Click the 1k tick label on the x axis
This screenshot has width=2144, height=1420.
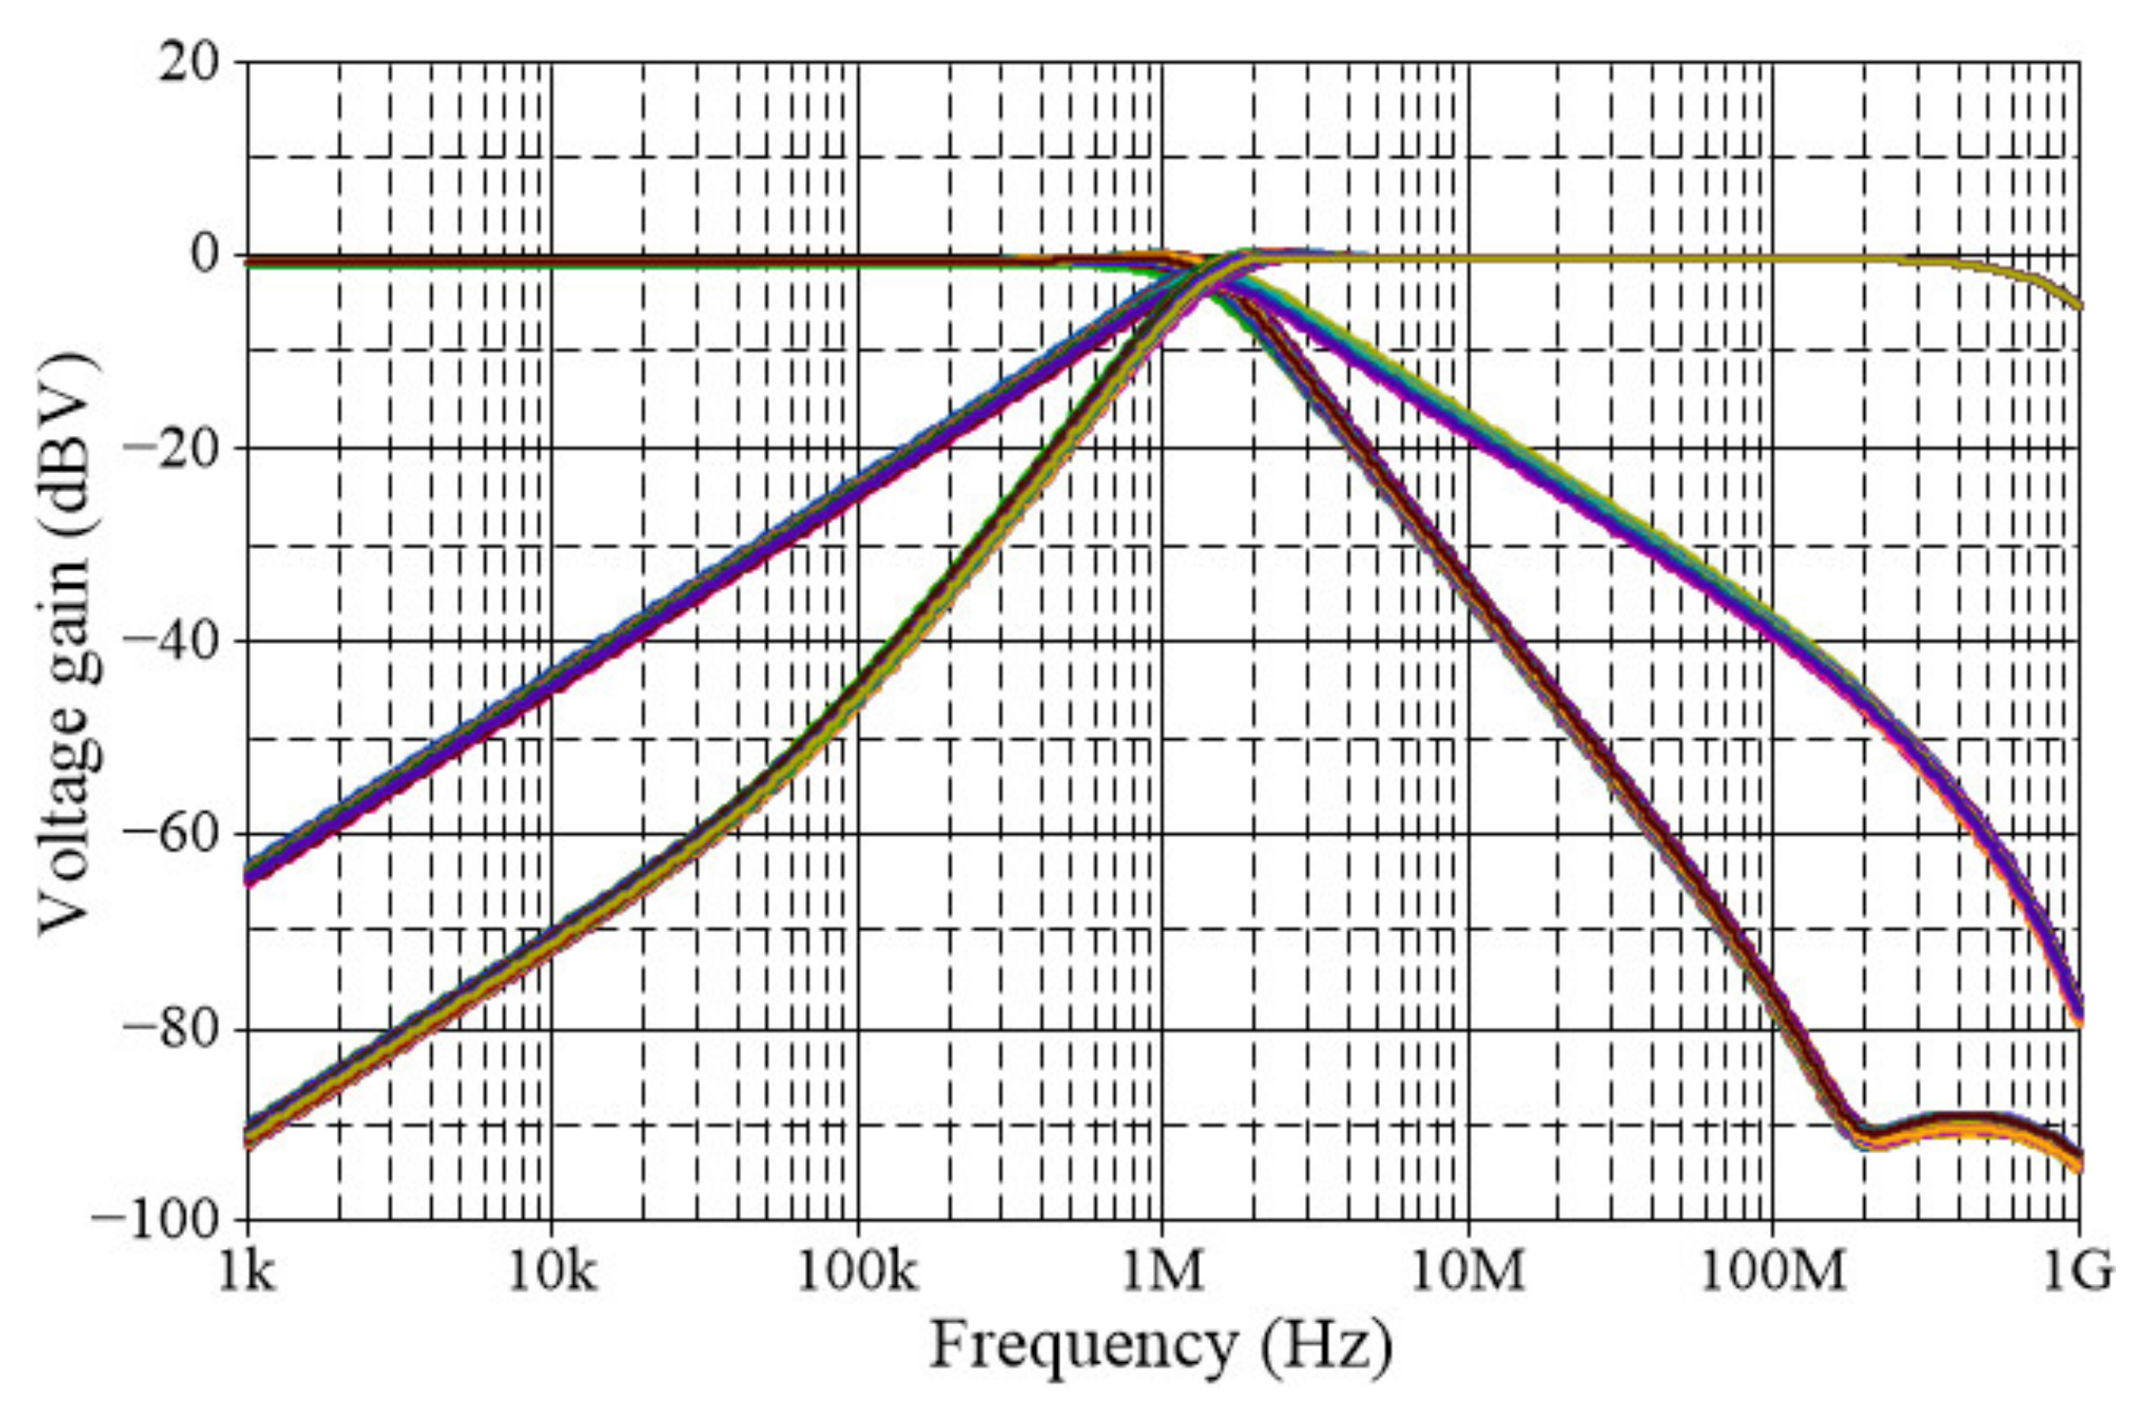point(246,1273)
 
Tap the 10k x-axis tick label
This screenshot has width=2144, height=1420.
point(552,1273)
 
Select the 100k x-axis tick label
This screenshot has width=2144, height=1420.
point(857,1273)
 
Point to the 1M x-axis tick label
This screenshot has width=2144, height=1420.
point(1162,1273)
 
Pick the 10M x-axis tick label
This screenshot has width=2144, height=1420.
point(1468,1273)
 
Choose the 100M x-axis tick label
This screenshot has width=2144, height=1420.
point(1772,1273)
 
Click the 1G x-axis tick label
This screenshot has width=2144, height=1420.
point(2078,1273)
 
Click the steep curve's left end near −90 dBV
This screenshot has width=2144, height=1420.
point(250,1134)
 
